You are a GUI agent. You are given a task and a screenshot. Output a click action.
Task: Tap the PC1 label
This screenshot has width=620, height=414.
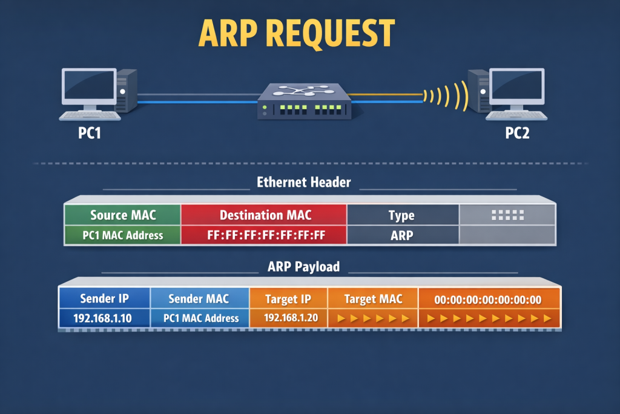point(89,133)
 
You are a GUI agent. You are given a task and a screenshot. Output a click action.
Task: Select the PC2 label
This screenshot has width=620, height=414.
point(517,133)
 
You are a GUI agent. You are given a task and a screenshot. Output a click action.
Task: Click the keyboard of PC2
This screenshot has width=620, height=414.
point(516,115)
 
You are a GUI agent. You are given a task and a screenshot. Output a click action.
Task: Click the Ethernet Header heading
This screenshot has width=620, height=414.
point(303,182)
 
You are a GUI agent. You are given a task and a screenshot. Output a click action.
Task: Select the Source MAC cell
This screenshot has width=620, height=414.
point(122,215)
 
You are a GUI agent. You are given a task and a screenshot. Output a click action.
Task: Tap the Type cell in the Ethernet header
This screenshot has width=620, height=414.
point(401,215)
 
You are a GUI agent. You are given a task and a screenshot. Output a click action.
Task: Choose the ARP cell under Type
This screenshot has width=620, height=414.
point(401,235)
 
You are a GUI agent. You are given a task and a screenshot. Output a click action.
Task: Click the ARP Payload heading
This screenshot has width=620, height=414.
point(303,267)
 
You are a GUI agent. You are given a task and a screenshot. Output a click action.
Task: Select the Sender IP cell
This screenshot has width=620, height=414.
point(105,298)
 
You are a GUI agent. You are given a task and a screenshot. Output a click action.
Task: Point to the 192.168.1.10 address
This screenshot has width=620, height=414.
point(105,318)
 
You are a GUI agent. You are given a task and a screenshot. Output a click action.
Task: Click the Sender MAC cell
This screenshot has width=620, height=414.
point(199,298)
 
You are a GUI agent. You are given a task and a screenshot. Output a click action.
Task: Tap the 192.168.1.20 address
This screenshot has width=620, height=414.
point(288,318)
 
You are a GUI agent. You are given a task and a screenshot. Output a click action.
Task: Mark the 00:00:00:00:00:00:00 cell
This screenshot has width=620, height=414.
point(488,299)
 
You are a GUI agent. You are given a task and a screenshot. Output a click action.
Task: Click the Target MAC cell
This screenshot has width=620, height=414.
point(373,298)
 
